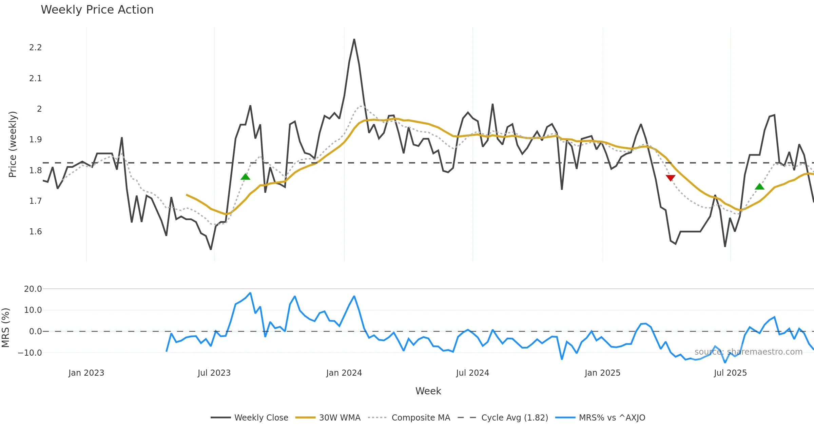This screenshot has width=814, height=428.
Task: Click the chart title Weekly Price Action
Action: click(97, 10)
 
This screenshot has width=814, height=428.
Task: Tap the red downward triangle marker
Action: click(671, 178)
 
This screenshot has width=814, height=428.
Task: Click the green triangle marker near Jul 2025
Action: click(759, 186)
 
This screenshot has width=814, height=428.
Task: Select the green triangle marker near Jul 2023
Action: click(245, 177)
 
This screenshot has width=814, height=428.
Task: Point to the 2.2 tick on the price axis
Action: click(36, 48)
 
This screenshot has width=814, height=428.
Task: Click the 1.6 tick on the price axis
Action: click(36, 232)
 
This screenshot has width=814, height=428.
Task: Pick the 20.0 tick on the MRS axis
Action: click(33, 289)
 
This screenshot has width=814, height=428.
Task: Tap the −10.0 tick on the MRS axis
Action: click(30, 353)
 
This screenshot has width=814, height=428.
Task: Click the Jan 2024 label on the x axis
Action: click(344, 373)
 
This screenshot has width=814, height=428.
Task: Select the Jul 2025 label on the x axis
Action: click(730, 373)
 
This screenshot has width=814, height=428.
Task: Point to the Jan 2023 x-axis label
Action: click(86, 373)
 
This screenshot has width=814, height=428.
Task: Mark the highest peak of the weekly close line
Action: click(354, 39)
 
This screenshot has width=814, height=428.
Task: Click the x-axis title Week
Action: click(428, 391)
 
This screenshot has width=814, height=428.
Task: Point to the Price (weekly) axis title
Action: click(13, 144)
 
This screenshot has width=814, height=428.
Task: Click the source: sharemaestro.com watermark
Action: click(748, 352)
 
